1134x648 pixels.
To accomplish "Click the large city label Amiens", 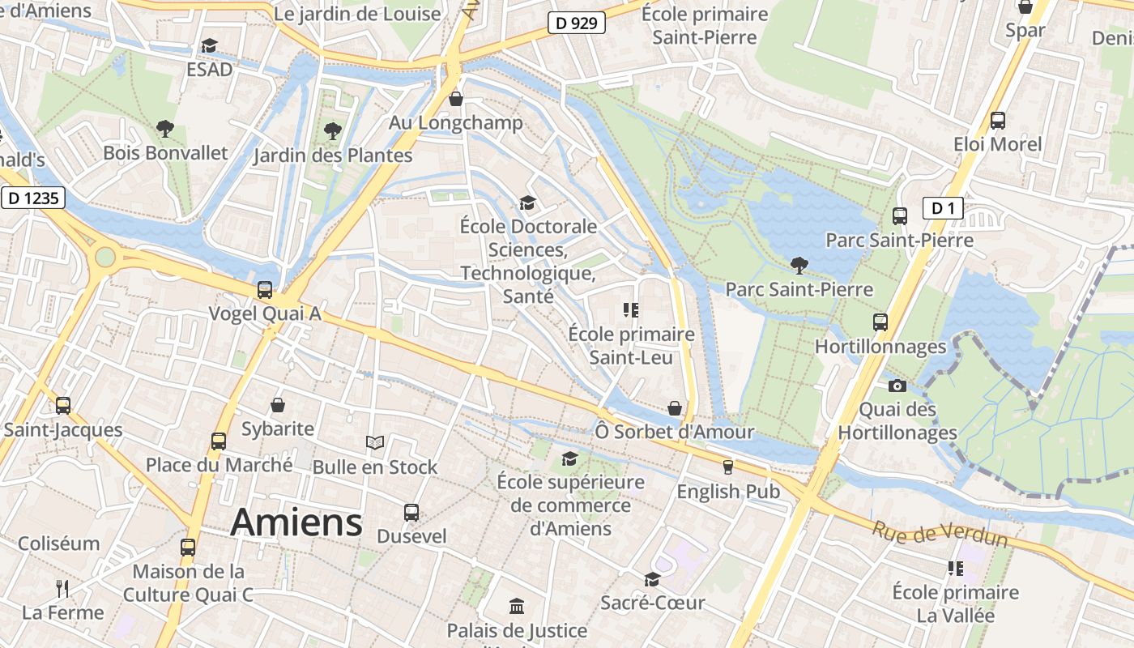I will click(296, 522).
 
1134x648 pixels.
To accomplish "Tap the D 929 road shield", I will click(577, 23).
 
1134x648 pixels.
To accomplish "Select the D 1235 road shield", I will click(32, 198).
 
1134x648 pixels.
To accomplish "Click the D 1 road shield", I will click(943, 208).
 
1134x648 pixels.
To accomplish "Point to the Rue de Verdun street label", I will click(940, 535).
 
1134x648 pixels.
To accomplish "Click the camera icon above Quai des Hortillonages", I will click(897, 386).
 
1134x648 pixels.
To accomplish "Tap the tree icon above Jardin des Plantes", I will click(332, 130).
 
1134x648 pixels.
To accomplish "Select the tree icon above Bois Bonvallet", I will click(165, 128).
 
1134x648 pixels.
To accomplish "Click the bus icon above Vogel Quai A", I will click(264, 289).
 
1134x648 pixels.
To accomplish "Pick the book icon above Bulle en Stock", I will click(374, 442).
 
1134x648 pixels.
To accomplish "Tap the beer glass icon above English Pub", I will click(727, 467).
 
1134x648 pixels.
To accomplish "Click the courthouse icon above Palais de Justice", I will click(517, 606).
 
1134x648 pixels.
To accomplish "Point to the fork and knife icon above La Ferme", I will click(62, 588).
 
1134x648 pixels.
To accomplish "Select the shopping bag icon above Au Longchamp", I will click(456, 99).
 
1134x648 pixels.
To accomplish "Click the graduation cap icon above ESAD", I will click(209, 45).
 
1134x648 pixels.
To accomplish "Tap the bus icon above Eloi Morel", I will click(997, 121).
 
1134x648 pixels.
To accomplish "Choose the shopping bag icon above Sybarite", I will click(278, 404).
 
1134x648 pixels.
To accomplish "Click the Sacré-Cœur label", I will click(653, 603).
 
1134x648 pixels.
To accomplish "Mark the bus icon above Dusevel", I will click(411, 512).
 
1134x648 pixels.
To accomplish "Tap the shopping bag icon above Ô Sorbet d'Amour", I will click(674, 407).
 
